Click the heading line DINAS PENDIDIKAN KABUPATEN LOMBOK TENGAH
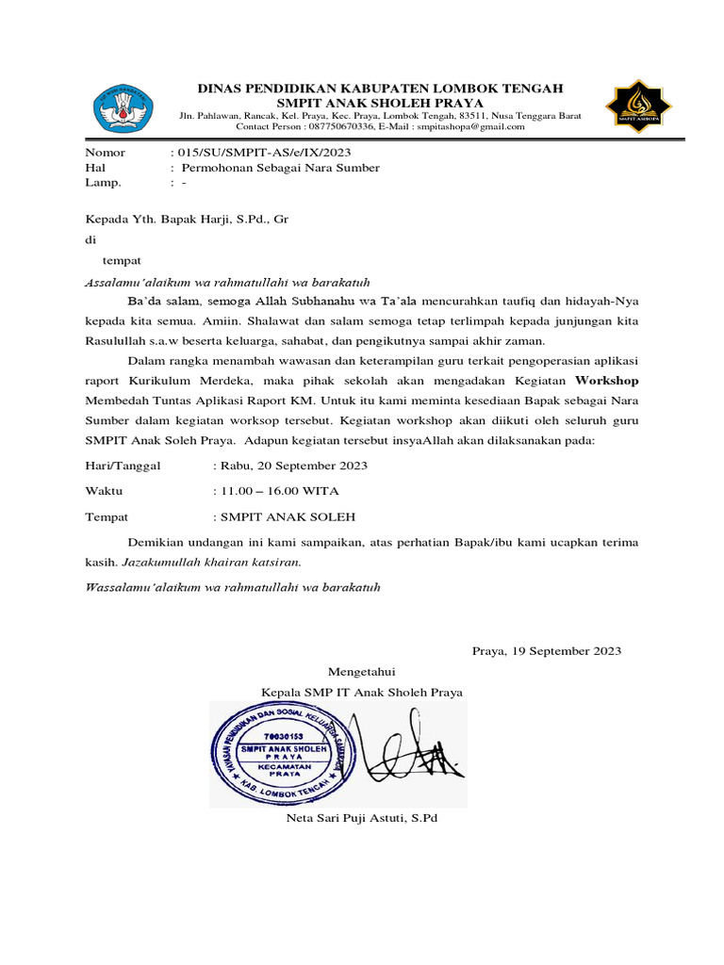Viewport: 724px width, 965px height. (380, 88)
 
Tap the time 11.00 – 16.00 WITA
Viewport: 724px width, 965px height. (280, 491)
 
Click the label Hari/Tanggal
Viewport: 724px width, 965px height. (123, 466)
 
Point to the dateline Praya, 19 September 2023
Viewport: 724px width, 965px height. (546, 650)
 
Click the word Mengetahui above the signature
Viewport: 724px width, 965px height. (363, 671)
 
